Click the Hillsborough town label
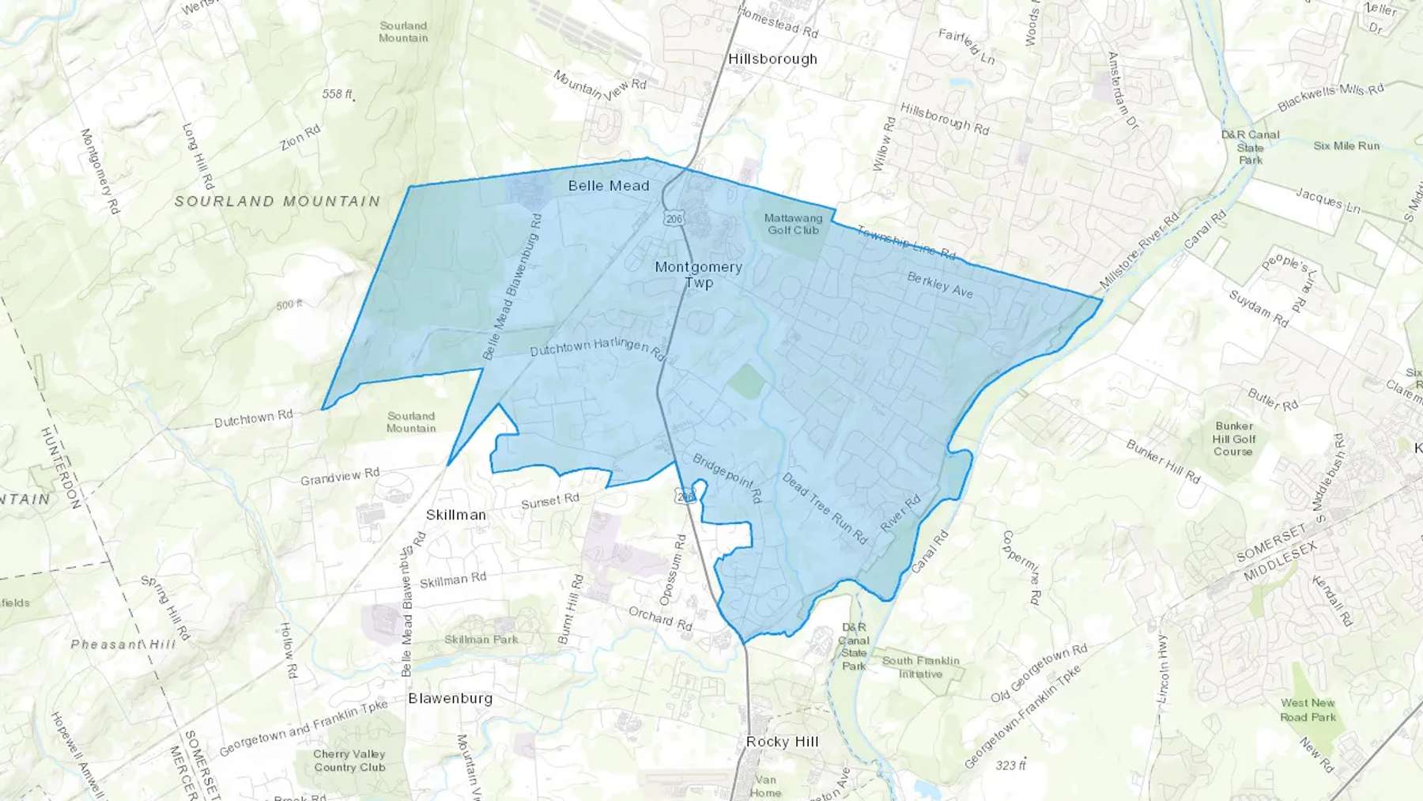click(x=772, y=59)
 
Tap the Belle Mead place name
click(x=609, y=186)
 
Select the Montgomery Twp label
click(x=699, y=274)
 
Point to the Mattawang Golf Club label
click(x=793, y=224)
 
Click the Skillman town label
click(x=456, y=515)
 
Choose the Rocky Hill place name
click(x=782, y=742)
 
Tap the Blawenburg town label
click(x=450, y=698)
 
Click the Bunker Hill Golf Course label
click(x=1233, y=439)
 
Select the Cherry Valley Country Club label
click(x=349, y=761)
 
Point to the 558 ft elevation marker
click(x=337, y=94)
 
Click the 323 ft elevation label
click(x=1010, y=765)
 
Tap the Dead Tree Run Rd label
click(x=825, y=508)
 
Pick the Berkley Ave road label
click(x=939, y=285)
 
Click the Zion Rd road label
click(x=300, y=138)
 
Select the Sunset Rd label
click(x=549, y=501)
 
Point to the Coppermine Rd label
click(x=1020, y=568)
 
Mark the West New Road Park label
click(x=1308, y=709)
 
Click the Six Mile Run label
click(x=1346, y=146)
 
